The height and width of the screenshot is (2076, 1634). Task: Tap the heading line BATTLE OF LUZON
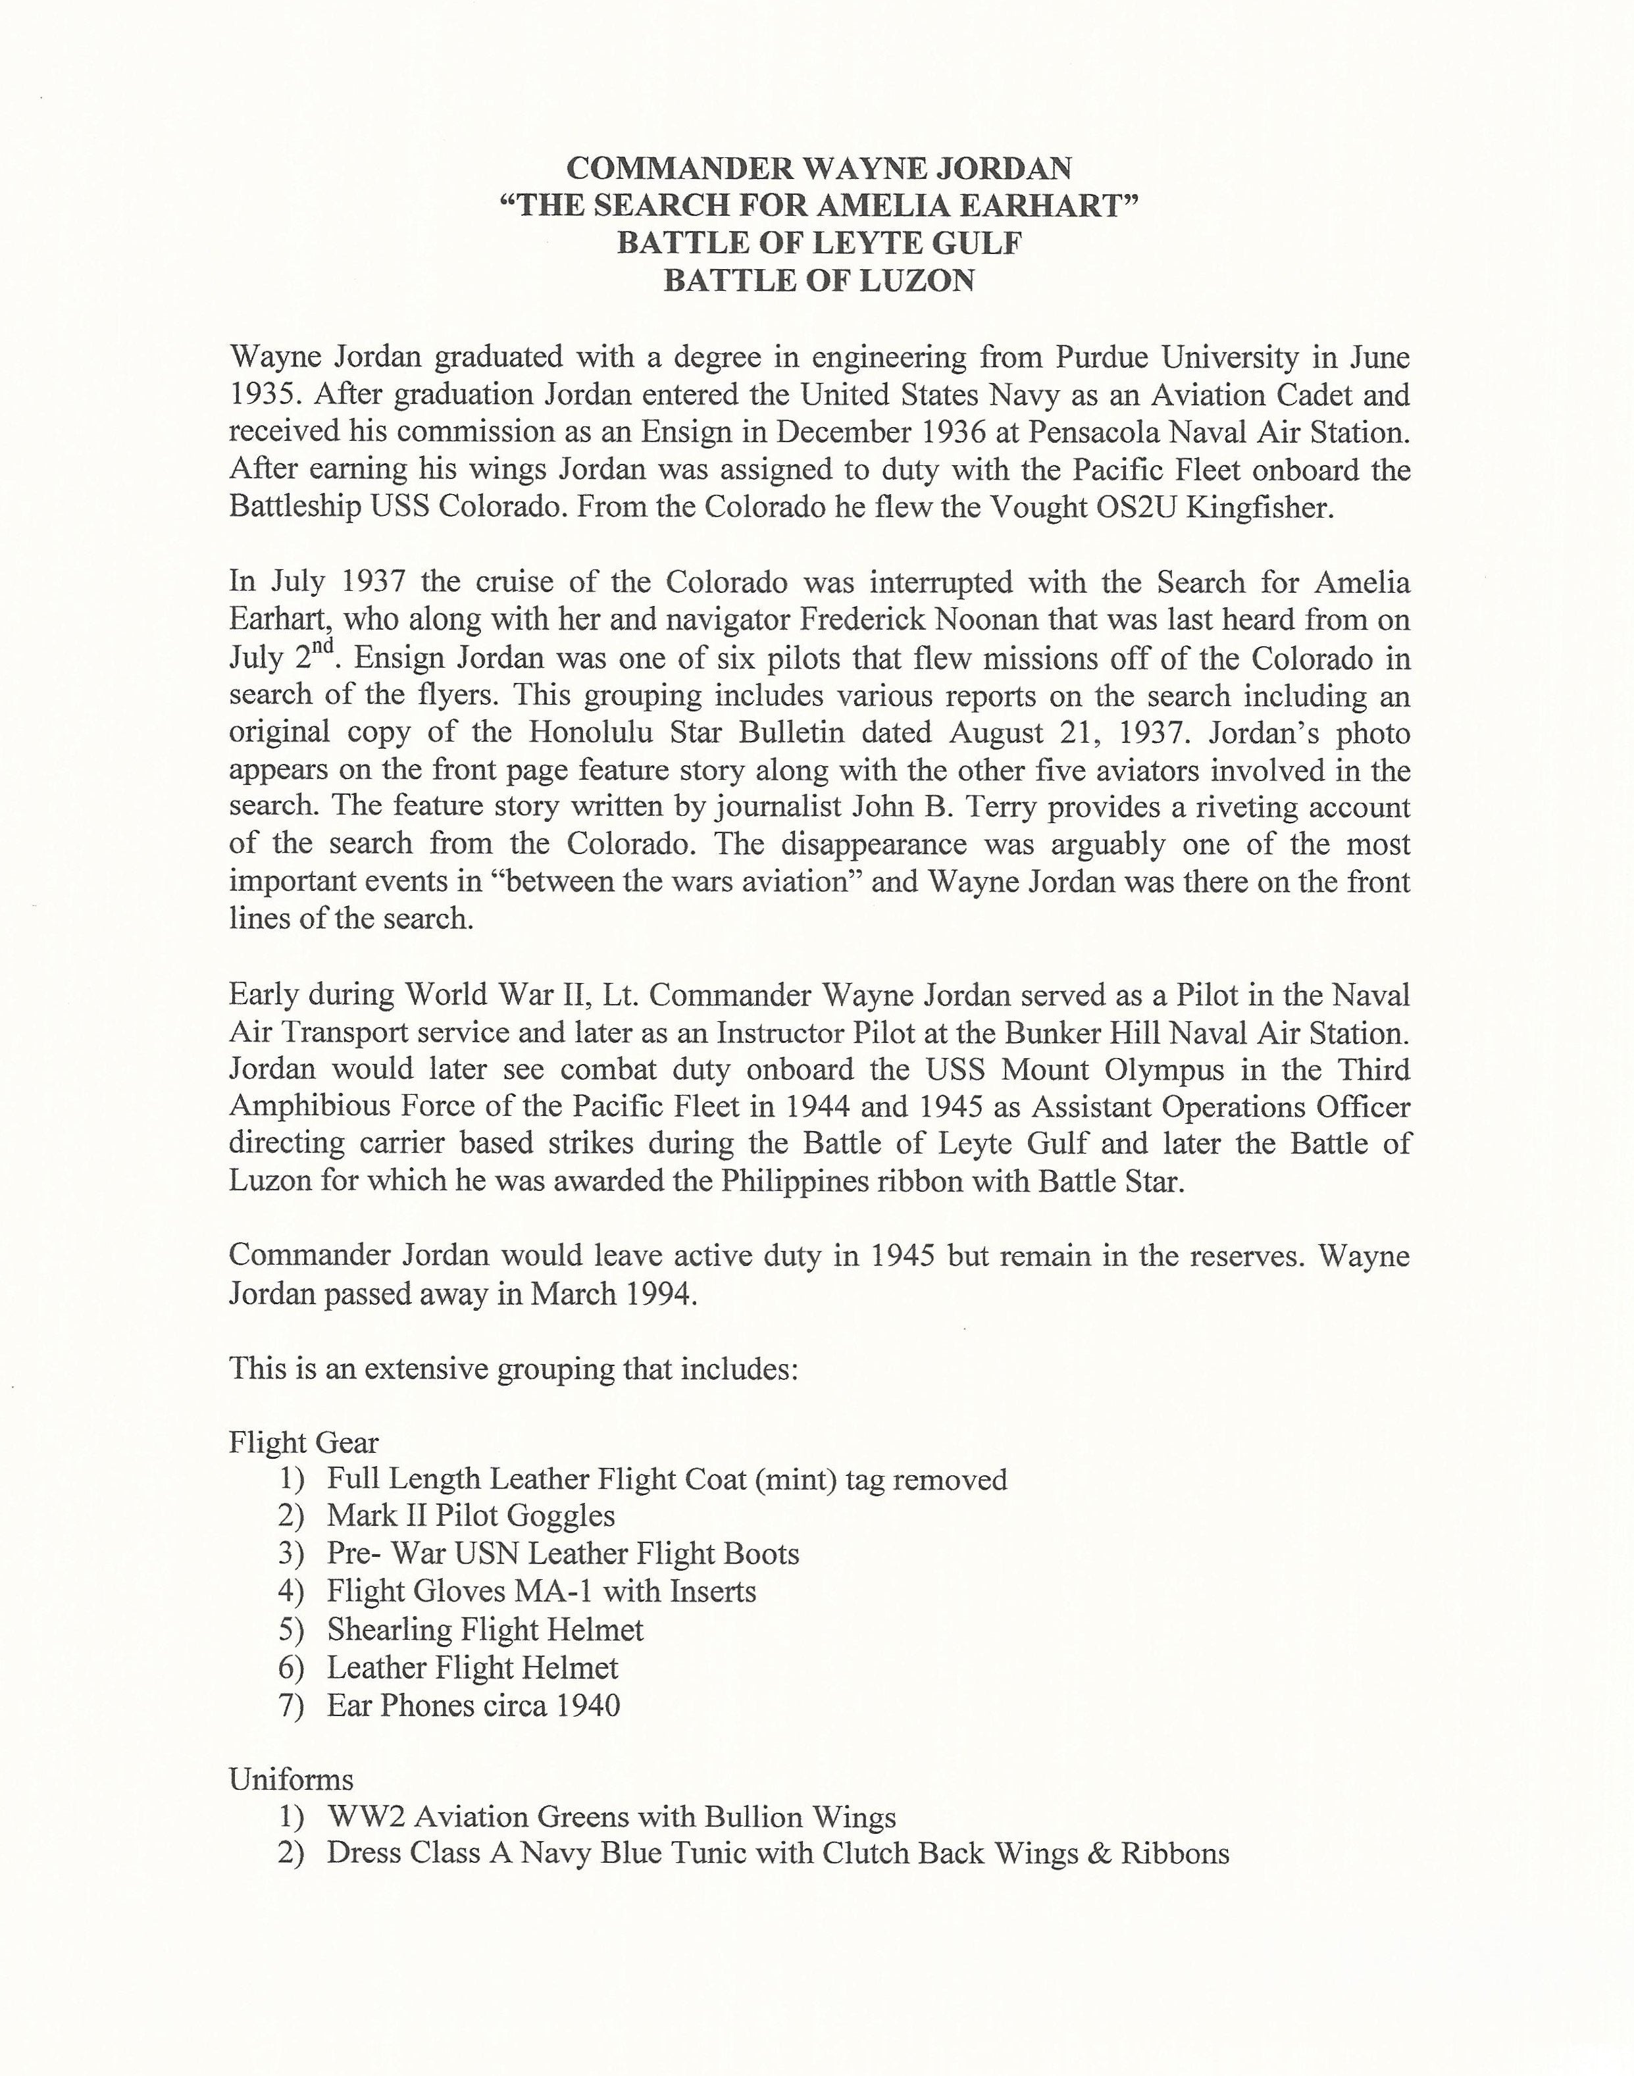[819, 280]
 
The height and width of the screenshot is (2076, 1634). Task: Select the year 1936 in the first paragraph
[948, 432]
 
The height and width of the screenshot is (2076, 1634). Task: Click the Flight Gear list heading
[303, 1443]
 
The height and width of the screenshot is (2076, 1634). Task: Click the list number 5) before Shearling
[291, 1629]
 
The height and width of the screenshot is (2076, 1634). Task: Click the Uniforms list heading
[291, 1779]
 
